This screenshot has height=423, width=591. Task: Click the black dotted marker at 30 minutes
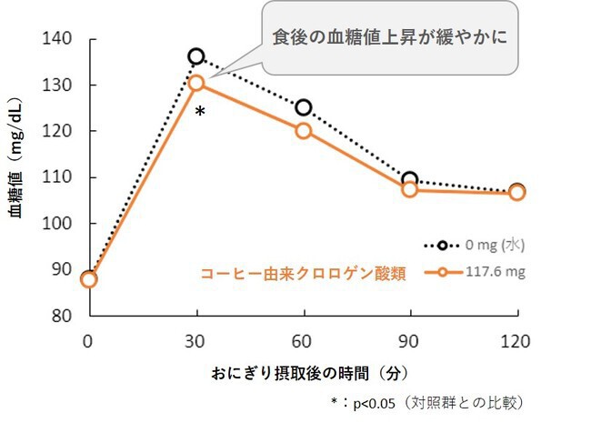[x=196, y=56]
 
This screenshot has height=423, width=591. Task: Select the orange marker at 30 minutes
[x=196, y=83]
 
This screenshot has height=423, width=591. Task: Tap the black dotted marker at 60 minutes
[x=304, y=107]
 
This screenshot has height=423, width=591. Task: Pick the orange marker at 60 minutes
[x=304, y=130]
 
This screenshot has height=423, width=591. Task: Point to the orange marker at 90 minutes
[x=410, y=189]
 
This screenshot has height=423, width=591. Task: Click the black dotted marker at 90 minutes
[x=410, y=179]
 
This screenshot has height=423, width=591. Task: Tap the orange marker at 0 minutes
[x=88, y=278]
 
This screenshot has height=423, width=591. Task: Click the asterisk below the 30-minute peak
[x=200, y=112]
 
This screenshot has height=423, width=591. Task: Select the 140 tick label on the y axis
[x=57, y=39]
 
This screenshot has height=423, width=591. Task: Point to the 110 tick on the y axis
[x=57, y=177]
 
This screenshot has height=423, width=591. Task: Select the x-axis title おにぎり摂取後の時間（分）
[x=303, y=373]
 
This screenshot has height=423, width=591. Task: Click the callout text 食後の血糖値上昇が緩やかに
[x=390, y=39]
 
